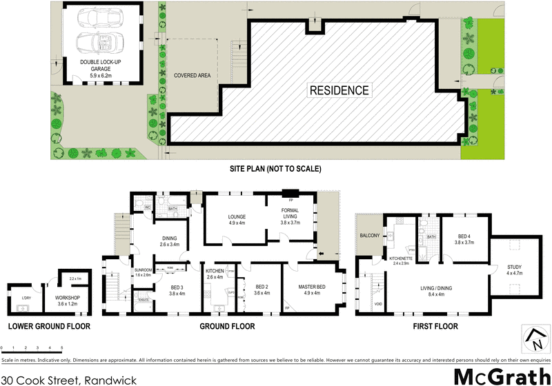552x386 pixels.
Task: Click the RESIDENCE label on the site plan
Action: click(x=339, y=90)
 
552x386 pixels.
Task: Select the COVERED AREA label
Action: click(x=192, y=76)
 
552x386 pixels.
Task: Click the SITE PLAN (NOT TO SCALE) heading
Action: click(x=275, y=168)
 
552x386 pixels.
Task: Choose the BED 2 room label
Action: click(x=262, y=287)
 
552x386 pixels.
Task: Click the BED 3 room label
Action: click(x=177, y=287)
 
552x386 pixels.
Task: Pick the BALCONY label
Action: click(x=370, y=236)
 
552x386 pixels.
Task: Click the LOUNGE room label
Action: click(x=237, y=217)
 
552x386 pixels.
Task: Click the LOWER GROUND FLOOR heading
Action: click(x=48, y=326)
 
